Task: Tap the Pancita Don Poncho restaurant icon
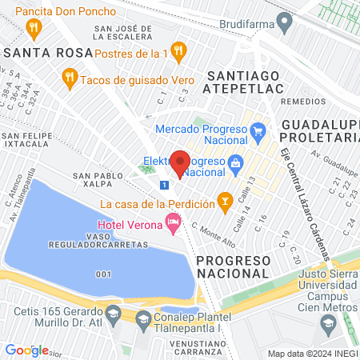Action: pos(33,30)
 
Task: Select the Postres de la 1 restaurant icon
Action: pos(178,53)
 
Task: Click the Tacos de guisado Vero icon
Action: pos(70,78)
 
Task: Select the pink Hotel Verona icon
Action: pos(172,222)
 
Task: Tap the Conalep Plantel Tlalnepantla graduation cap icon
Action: pos(143,321)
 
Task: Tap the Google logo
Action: pos(26,350)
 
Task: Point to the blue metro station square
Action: pos(164,185)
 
